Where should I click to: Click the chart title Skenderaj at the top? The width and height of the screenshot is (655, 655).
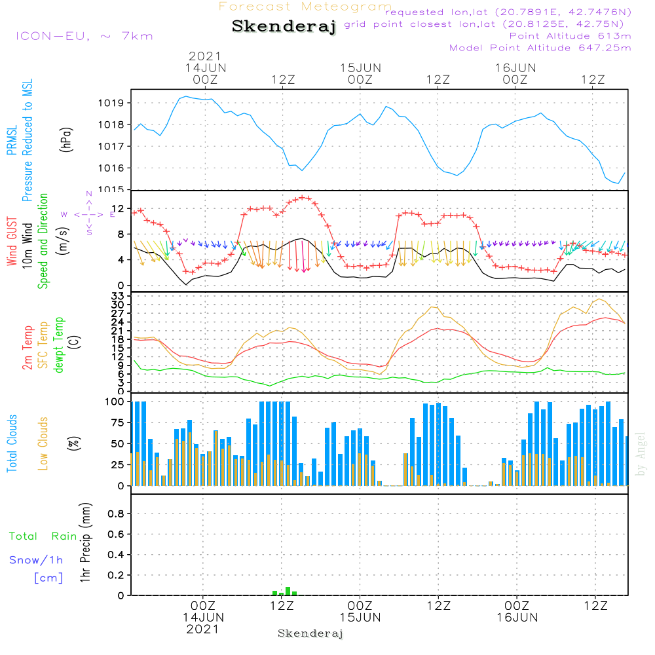tap(284, 27)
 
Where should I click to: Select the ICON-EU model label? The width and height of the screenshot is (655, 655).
tap(84, 36)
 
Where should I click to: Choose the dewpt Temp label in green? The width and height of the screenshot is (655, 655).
tap(59, 345)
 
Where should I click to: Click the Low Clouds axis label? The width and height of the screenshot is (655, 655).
tap(43, 443)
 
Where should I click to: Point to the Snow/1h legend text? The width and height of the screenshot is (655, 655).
tap(36, 561)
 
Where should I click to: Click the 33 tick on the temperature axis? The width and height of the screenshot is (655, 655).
tap(120, 296)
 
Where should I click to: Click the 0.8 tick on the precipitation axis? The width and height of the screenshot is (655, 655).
tap(116, 514)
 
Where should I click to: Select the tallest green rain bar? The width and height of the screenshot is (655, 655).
tap(288, 591)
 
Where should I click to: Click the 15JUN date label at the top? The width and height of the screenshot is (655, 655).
tap(360, 67)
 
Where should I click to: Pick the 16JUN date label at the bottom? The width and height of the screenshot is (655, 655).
tap(517, 618)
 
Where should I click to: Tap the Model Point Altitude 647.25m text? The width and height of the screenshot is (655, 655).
tap(540, 48)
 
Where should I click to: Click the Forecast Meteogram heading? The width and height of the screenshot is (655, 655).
tap(305, 7)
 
